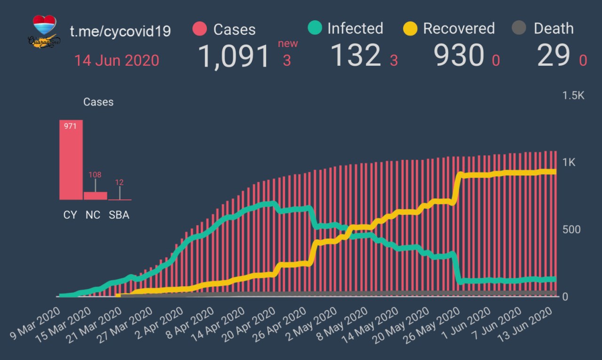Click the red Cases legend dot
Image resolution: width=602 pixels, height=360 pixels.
click(x=200, y=29)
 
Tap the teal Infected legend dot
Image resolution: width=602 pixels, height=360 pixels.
click(x=315, y=28)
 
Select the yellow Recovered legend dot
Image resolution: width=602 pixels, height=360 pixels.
click(x=411, y=28)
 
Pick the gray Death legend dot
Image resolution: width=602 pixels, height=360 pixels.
click(x=519, y=28)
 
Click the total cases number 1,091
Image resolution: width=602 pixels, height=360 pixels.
click(x=234, y=56)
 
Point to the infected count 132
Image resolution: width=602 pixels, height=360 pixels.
click(x=355, y=55)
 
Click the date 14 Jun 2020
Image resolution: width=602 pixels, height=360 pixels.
click(x=116, y=61)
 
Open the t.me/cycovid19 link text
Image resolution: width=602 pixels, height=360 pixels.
click(x=120, y=31)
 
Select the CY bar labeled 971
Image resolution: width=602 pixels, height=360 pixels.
click(x=71, y=160)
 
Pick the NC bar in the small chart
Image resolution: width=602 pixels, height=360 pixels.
click(x=95, y=196)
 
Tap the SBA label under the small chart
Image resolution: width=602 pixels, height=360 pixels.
click(x=119, y=215)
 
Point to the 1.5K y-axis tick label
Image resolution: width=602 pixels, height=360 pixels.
click(x=573, y=95)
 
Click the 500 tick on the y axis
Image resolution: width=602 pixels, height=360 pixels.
click(x=571, y=229)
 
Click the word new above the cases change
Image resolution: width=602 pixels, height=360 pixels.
click(x=288, y=44)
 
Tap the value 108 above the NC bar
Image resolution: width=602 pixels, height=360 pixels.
click(x=95, y=175)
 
